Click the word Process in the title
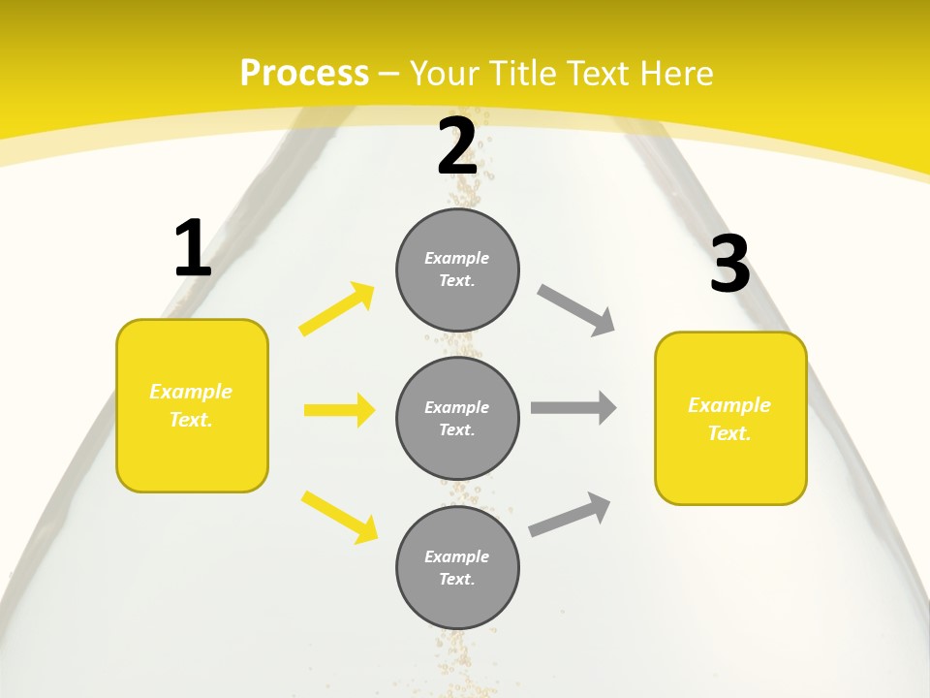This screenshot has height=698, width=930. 304,74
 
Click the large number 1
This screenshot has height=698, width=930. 193,249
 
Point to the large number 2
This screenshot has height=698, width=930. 457,146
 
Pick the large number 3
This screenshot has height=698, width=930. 729,265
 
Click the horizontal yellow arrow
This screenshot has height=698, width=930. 339,410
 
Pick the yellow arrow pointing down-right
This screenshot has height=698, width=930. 339,517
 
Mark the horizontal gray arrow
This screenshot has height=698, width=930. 573,408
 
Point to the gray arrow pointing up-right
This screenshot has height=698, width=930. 570,514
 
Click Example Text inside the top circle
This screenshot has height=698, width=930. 457,270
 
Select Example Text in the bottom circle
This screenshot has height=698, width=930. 457,568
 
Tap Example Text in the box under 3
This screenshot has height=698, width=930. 729,419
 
